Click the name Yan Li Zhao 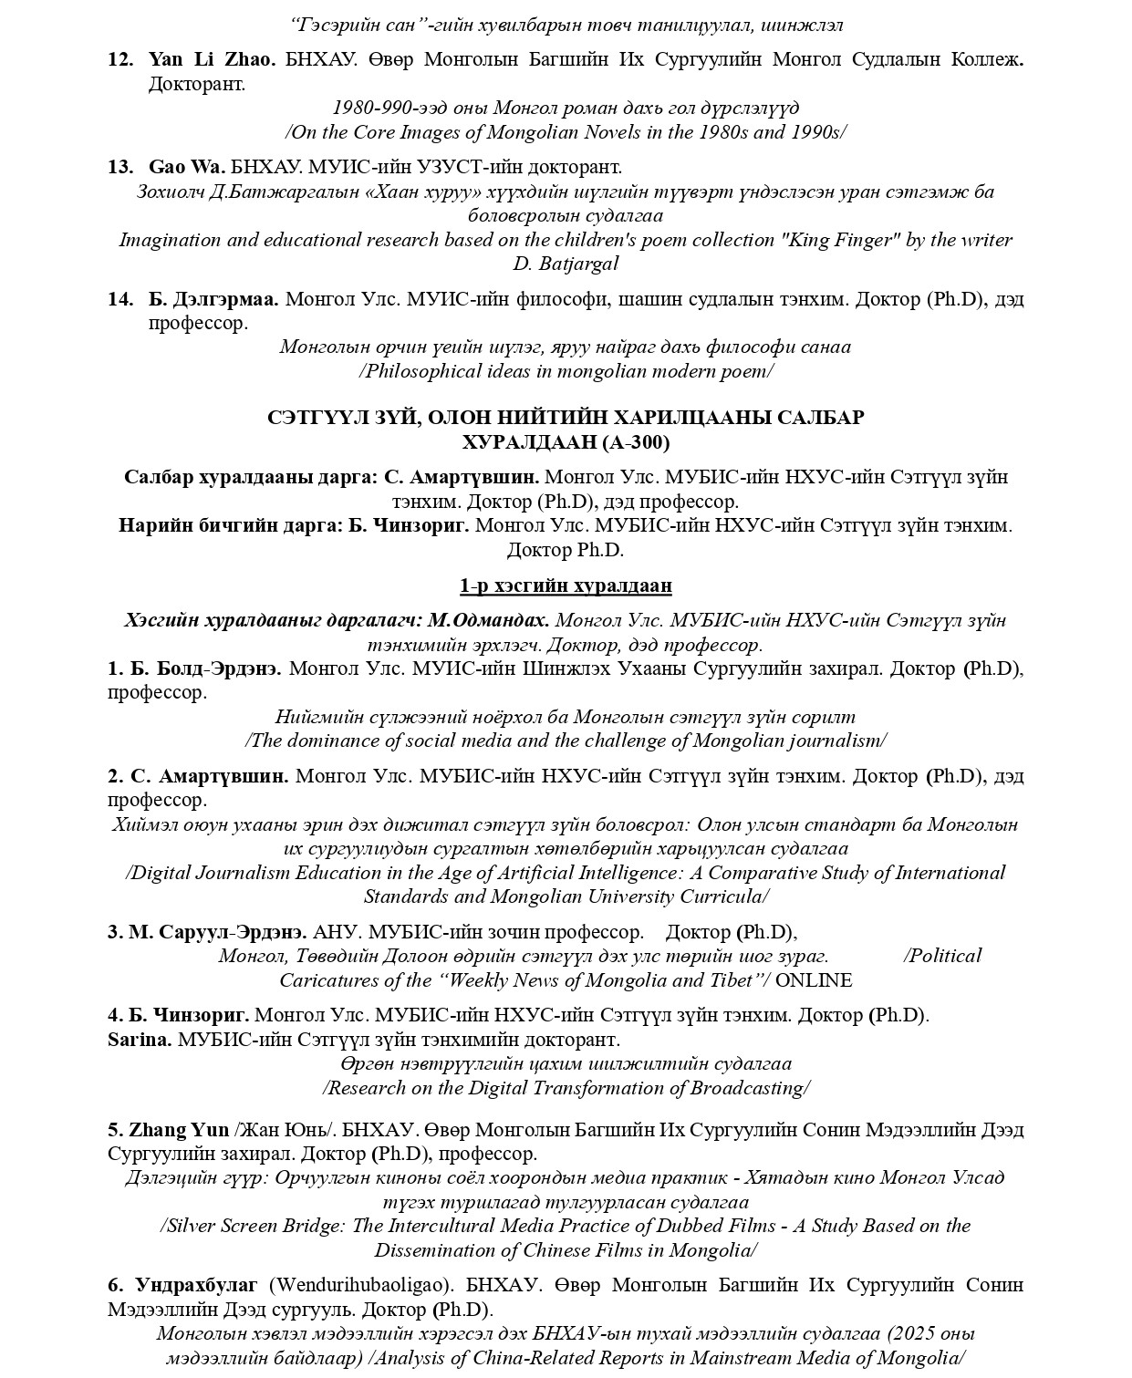click(x=212, y=60)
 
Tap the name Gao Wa click(x=187, y=167)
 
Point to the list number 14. click(x=120, y=299)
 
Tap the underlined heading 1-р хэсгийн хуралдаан click(x=566, y=585)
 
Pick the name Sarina click(x=139, y=1040)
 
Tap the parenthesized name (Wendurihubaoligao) click(x=361, y=1285)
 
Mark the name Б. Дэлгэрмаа click(x=213, y=299)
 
